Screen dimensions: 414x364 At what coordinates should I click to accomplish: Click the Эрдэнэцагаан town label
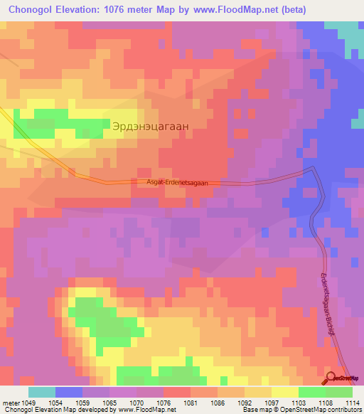(x=150, y=125)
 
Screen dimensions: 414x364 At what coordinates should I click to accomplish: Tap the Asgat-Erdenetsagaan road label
(x=178, y=183)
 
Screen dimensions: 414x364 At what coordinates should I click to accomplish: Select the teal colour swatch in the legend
(x=42, y=392)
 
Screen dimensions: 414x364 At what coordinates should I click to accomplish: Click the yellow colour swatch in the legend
(x=284, y=392)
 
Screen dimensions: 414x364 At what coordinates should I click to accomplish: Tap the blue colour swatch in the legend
(x=69, y=392)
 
